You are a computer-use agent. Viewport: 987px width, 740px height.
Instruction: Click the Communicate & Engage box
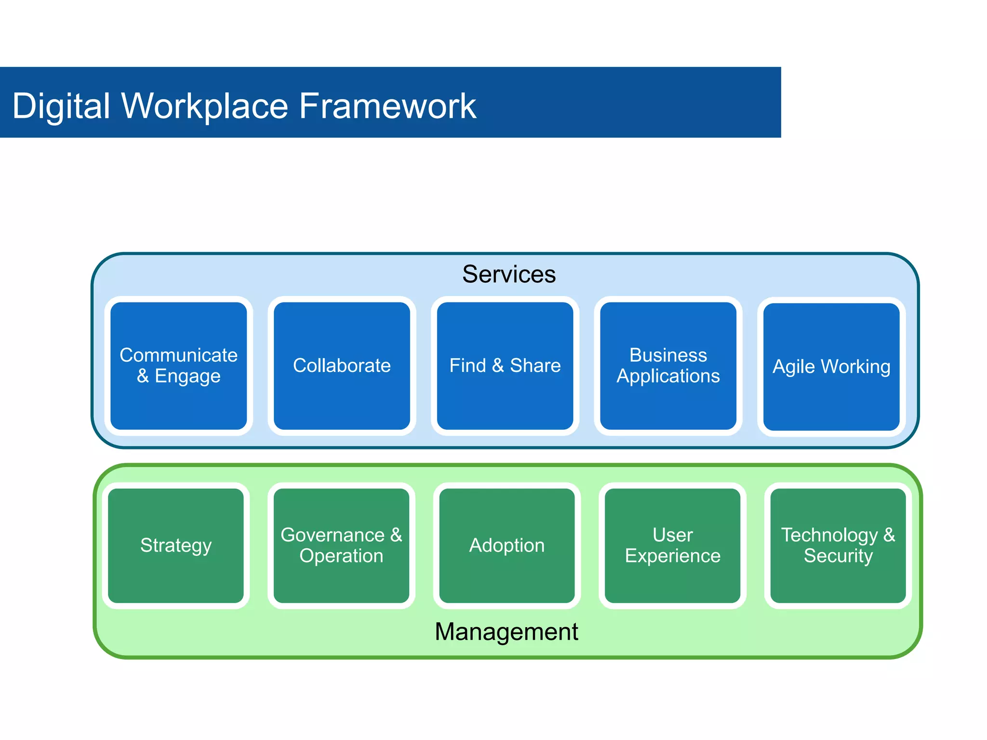click(x=178, y=366)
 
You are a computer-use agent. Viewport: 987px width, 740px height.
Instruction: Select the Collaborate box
click(x=342, y=366)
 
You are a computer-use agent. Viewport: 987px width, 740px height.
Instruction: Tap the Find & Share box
click(x=505, y=366)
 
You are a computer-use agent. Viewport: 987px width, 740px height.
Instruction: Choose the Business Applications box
click(x=668, y=366)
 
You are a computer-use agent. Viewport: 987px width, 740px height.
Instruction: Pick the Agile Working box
click(x=831, y=367)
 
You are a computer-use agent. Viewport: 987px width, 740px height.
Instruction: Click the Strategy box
click(x=176, y=545)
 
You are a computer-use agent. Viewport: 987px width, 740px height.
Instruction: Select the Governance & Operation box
click(x=341, y=545)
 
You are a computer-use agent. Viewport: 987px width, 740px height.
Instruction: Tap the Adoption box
click(x=507, y=545)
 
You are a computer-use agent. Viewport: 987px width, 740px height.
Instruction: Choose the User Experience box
click(x=672, y=545)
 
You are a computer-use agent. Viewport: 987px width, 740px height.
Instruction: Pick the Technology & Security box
click(x=838, y=545)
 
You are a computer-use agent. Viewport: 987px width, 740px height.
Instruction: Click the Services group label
click(x=509, y=274)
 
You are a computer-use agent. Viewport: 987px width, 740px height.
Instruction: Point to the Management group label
click(x=506, y=632)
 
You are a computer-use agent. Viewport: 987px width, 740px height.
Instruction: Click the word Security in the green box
click(x=838, y=556)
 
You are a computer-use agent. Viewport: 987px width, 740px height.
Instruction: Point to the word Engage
click(x=187, y=376)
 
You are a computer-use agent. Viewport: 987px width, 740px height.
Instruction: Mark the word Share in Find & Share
click(x=535, y=366)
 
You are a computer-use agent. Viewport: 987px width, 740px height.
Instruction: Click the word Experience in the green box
click(x=672, y=556)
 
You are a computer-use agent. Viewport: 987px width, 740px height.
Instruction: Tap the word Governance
click(x=333, y=535)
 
